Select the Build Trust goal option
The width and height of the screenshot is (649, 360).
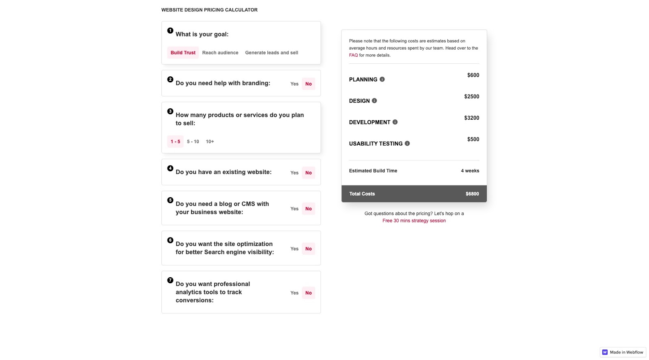pos(183,53)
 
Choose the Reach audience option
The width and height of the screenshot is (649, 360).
pos(220,53)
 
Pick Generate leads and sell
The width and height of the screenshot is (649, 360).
pos(271,53)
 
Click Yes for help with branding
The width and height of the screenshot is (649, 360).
pos(294,84)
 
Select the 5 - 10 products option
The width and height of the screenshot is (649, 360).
pos(193,142)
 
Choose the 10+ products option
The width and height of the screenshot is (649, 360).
pos(210,142)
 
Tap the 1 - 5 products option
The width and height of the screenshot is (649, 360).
pos(175,142)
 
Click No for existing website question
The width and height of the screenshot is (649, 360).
pos(308,173)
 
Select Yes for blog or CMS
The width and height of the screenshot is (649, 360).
pos(294,209)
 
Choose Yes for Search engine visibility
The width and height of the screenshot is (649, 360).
pos(294,249)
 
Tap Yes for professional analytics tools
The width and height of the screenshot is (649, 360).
pos(294,293)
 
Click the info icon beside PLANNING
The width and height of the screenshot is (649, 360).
pos(382,80)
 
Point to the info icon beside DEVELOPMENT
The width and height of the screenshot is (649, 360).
pos(395,122)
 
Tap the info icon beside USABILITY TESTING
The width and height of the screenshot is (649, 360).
pos(407,144)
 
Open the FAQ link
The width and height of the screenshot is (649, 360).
pos(353,55)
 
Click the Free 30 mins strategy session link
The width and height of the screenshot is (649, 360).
pos(414,221)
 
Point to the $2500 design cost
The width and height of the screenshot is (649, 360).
pos(471,97)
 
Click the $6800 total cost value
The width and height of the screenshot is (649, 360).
pos(472,194)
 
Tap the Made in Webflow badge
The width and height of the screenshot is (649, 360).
pos(623,352)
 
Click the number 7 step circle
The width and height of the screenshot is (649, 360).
pos(170,280)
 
